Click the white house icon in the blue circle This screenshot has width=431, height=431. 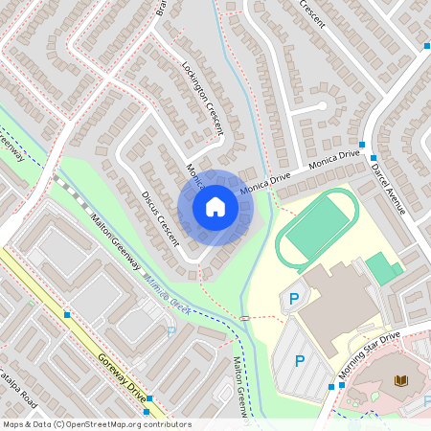215,207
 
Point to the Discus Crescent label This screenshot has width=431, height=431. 161,218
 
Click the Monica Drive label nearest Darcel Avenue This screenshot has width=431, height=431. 334,159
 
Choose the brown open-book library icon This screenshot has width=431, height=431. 400,381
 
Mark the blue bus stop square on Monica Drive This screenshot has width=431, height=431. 374,157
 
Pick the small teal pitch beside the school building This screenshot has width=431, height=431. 384,268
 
